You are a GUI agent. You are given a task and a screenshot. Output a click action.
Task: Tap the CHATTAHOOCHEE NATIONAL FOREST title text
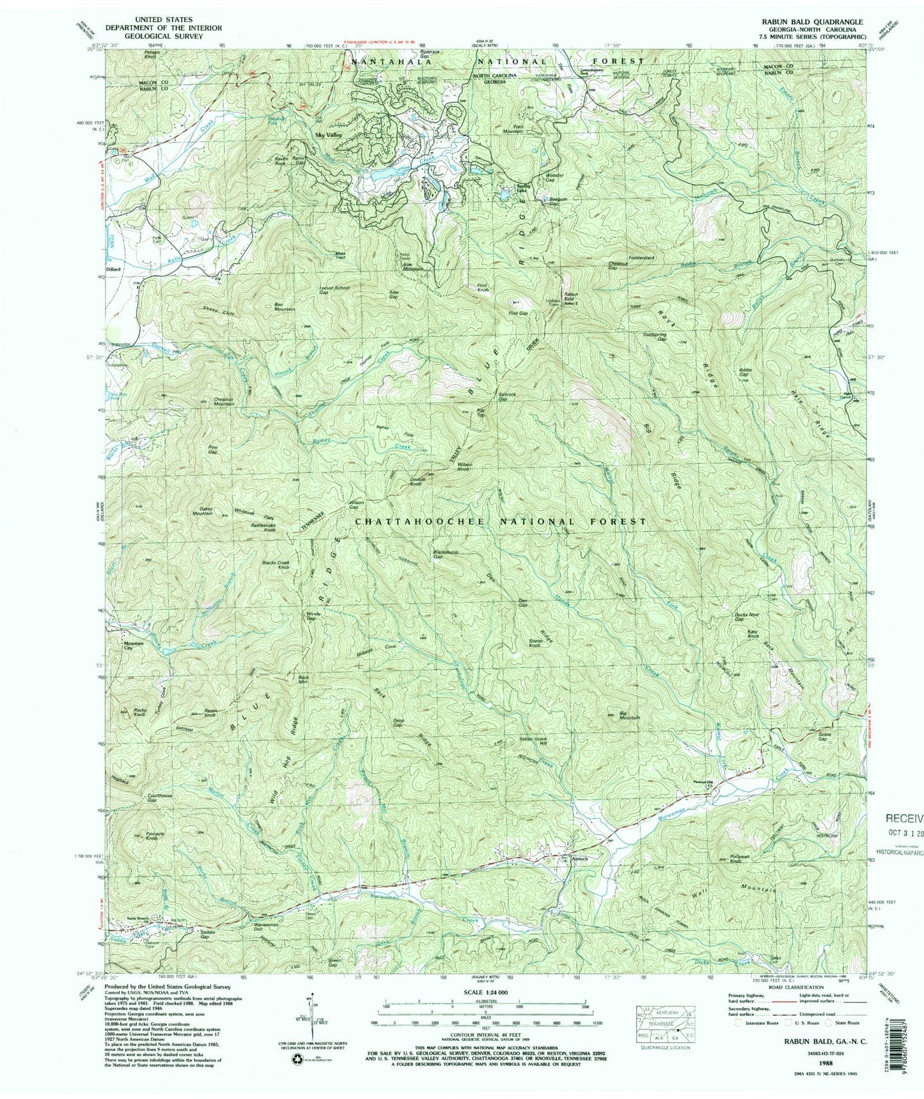500,521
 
